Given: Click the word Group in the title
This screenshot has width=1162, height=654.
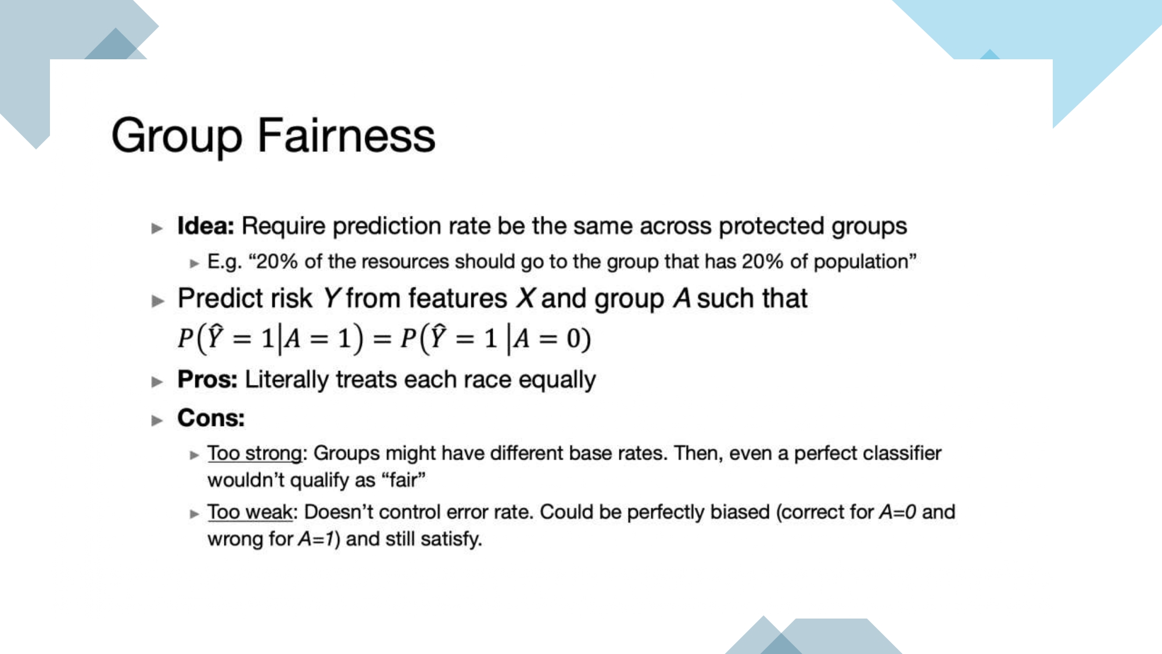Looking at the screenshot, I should point(177,137).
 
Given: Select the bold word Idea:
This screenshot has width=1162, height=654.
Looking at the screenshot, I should point(206,226).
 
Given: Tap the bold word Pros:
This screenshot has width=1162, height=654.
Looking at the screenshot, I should point(207,380).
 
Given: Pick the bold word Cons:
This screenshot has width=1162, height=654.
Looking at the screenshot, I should point(211,418).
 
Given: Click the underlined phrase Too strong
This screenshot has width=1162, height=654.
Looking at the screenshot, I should point(255,453).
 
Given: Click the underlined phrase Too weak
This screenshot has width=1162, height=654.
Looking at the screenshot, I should point(250,512).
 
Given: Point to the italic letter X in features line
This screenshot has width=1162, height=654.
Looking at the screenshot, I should point(526,299).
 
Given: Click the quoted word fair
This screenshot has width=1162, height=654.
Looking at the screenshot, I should point(404,481).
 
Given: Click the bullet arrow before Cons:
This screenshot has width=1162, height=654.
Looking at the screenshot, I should point(157,420).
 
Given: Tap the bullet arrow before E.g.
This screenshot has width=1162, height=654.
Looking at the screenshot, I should point(195,263).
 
